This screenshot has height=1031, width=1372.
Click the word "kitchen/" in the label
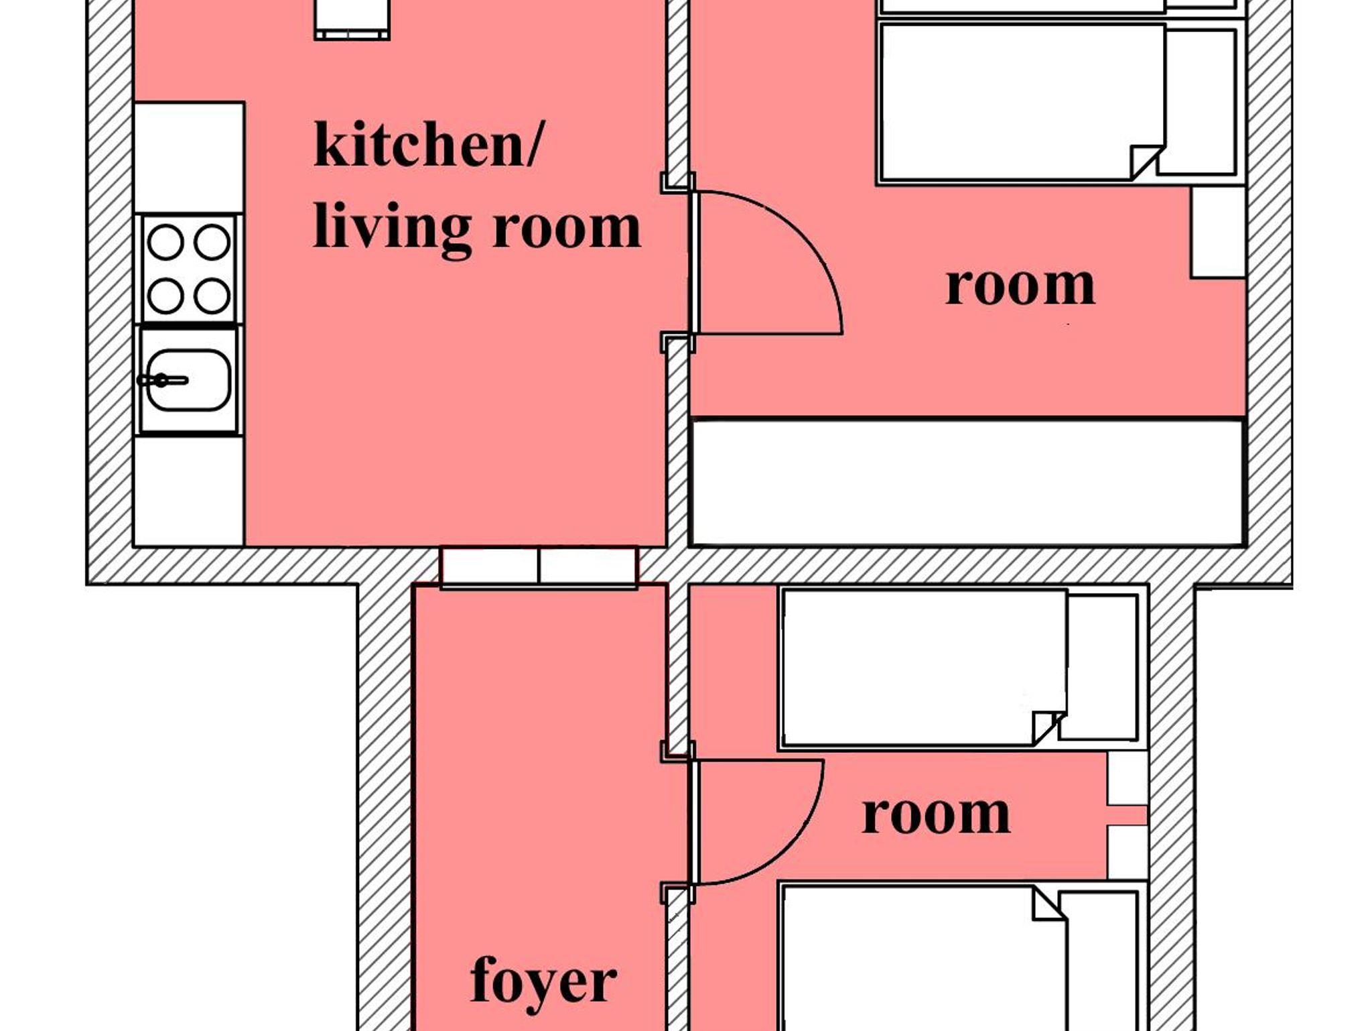(x=427, y=143)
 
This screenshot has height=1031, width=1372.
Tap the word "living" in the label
(x=393, y=228)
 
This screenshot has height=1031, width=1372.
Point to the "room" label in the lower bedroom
(x=936, y=815)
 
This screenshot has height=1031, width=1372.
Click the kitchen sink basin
(x=189, y=380)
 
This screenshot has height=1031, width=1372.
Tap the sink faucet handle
(x=163, y=380)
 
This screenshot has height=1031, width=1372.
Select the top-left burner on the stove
(x=165, y=242)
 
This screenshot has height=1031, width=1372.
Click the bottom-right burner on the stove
(x=212, y=296)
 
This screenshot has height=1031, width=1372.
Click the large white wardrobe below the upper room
(x=967, y=482)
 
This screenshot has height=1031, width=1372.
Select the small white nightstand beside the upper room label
(x=1218, y=232)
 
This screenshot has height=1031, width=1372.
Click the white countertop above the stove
(x=189, y=158)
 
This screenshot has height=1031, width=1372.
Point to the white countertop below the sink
(x=189, y=491)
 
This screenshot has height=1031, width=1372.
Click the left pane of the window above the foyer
(x=490, y=566)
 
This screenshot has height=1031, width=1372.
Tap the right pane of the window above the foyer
(x=588, y=566)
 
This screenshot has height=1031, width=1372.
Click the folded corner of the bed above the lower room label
(x=1048, y=729)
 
